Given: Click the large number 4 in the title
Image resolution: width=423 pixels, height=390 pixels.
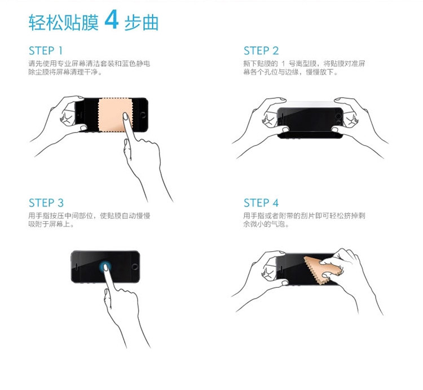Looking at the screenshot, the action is coord(111,19).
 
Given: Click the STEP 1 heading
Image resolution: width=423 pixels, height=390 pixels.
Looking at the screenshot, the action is coord(46,51).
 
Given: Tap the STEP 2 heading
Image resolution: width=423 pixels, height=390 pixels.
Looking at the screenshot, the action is coord(261,51).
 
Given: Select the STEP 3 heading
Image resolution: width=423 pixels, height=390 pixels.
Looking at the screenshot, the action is coord(46,203).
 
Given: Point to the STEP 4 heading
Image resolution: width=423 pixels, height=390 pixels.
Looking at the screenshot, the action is coord(261,203).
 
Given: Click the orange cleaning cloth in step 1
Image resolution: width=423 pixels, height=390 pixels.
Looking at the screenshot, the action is coord(115,115).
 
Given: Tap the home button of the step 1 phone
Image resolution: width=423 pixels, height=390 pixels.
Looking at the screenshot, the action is coord(143,115).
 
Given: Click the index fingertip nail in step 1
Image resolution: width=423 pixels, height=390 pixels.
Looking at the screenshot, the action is coord(125,116).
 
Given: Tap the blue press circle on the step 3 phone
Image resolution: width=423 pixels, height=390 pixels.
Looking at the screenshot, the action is coord(105,266).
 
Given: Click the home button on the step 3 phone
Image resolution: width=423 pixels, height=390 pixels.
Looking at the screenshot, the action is coord(135,267).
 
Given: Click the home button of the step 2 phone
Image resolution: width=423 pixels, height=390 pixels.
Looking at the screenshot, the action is coord(338,117).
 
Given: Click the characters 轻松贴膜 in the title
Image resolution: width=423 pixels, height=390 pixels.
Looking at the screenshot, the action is coord(64,22).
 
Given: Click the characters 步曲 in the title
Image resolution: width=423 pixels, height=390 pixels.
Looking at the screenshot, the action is coord(141,22).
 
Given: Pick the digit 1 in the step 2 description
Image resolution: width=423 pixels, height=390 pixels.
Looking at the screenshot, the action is coord(283,64).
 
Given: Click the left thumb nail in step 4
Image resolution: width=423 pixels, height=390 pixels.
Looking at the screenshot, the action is coord(285,283).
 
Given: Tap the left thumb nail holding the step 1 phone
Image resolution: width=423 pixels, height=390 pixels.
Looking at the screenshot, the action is coord(83,128).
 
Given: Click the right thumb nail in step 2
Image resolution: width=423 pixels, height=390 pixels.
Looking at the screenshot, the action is coord(335,130).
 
